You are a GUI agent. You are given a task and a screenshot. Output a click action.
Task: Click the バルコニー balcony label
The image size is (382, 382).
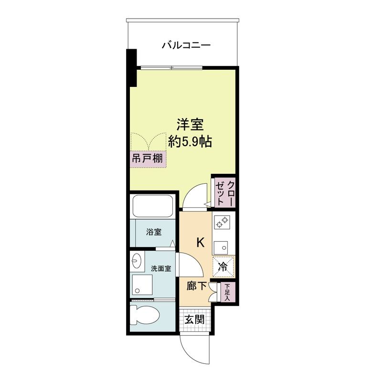(x=186, y=45)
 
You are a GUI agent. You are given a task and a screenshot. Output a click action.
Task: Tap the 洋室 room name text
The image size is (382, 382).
(x=190, y=125)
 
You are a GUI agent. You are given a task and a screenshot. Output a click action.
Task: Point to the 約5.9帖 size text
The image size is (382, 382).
(x=190, y=141)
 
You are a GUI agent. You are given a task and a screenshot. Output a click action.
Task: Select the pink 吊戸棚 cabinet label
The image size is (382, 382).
(x=148, y=159)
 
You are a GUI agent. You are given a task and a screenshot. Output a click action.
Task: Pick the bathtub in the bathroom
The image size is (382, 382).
(x=153, y=206)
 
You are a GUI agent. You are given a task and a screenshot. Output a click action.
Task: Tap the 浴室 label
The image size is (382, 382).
(x=154, y=232)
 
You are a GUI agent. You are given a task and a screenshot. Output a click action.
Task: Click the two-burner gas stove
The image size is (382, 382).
(x=222, y=222)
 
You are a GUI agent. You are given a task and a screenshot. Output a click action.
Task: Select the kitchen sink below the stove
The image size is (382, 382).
(x=221, y=248)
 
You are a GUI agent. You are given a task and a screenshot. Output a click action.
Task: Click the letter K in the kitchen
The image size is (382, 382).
(x=200, y=243)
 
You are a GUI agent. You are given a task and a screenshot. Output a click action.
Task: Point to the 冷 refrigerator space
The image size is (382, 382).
(x=223, y=267)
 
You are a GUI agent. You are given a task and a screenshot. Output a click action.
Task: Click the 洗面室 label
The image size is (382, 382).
(x=161, y=269)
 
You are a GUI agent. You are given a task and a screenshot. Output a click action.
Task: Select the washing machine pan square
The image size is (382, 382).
(x=142, y=285)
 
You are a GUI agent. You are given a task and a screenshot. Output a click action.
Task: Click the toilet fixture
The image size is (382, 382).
(x=144, y=315)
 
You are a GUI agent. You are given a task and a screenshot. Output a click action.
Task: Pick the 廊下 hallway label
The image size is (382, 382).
(x=197, y=286)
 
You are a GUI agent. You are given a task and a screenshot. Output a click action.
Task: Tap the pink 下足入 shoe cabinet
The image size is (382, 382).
(x=227, y=292)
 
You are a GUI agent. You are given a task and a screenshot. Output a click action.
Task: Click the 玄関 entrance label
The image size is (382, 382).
(x=194, y=319)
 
